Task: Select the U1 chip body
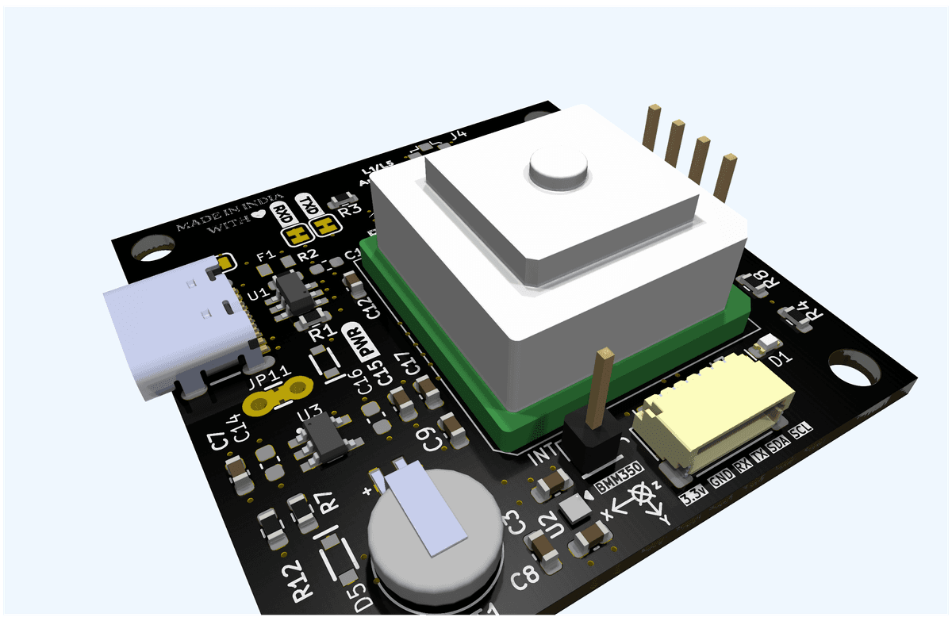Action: [x=296, y=295]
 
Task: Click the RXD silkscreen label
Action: [x=280, y=213]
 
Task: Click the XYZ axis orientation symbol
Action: [x=641, y=503]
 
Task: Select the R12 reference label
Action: [x=298, y=582]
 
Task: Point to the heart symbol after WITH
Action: [x=257, y=215]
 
